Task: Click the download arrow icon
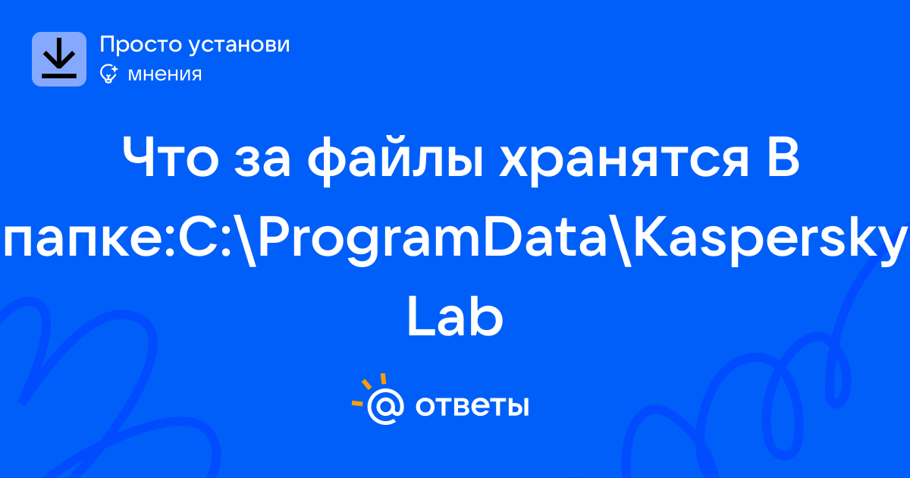pyautogui.click(x=59, y=59)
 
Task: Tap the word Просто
pyautogui.click(x=141, y=44)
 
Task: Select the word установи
pyautogui.click(x=240, y=46)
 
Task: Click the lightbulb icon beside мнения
pyautogui.click(x=109, y=74)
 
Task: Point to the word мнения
pyautogui.click(x=165, y=74)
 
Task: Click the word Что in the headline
pyautogui.click(x=170, y=158)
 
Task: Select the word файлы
pyautogui.click(x=395, y=161)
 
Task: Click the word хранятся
pyautogui.click(x=623, y=162)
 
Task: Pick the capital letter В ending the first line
pyautogui.click(x=782, y=158)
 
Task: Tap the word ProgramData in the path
pyautogui.click(x=432, y=241)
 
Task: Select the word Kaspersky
pyautogui.click(x=770, y=241)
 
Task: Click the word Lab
pyautogui.click(x=455, y=316)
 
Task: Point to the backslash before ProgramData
pyautogui.click(x=244, y=241)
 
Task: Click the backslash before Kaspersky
pyautogui.click(x=620, y=241)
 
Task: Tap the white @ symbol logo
pyautogui.click(x=385, y=406)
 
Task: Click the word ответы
pyautogui.click(x=472, y=406)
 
